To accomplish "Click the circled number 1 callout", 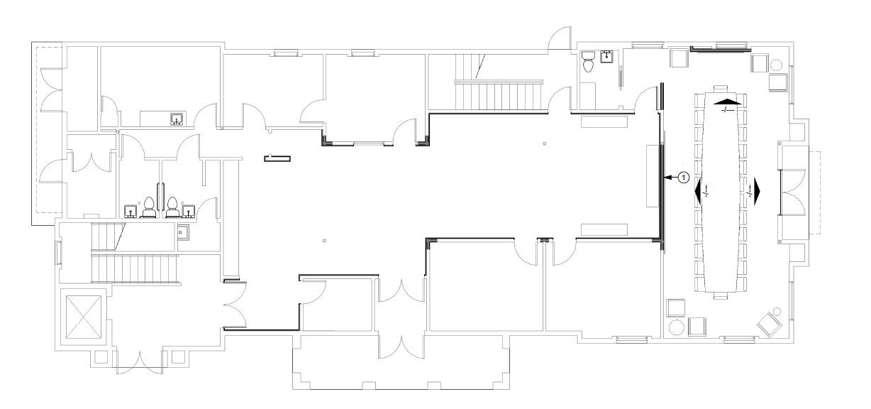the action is pos(684,178).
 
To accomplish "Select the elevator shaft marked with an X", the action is pos(83,317).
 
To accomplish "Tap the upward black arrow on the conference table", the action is pos(728,101).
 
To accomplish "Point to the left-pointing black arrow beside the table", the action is pos(698,192).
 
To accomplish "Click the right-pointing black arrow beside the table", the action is pos(757,192).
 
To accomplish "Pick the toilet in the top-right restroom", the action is pos(587,62).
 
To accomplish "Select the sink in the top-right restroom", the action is pos(606,57).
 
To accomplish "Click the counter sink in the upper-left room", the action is pos(177,119).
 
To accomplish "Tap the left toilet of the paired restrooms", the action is pos(149,207).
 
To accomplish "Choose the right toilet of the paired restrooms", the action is pos(172,207).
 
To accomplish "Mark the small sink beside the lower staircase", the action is pos(183,232).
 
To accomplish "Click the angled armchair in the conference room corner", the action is pos(770,324).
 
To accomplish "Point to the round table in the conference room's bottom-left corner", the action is pos(676,327).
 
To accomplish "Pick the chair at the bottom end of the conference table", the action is pos(721,296).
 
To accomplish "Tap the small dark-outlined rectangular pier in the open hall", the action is pos(277,158).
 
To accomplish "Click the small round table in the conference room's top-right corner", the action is pos(777,65).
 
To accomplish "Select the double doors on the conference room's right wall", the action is pos(792,192).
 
